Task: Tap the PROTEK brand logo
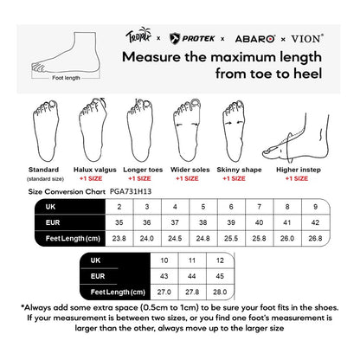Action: coord(188,39)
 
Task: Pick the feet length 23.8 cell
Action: coord(119,236)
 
